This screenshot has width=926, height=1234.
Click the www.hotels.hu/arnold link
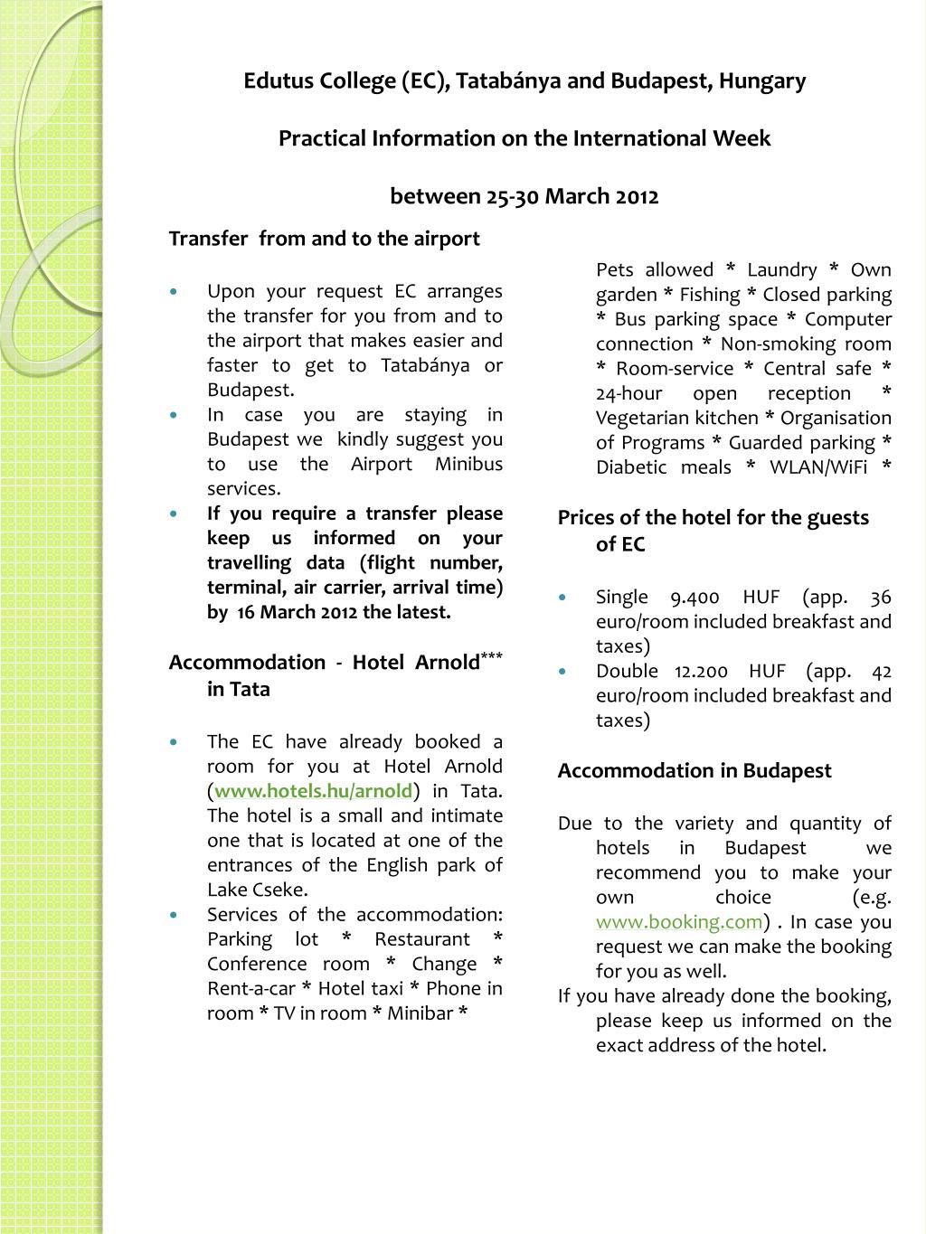313,791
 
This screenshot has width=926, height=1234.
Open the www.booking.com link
679,922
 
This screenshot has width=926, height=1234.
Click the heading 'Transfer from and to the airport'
324,239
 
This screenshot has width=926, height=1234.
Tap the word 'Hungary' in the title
762,81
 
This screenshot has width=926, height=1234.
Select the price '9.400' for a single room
694,598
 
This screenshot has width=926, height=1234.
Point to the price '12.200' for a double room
701,672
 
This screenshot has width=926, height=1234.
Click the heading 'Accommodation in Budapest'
694,771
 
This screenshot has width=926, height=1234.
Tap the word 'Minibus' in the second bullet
468,465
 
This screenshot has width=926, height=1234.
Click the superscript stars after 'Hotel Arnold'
491,655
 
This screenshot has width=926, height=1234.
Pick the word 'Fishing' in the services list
710,295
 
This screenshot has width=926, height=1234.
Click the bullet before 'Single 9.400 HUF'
564,598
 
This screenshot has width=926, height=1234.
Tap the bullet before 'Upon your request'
175,292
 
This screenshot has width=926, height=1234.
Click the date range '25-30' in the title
514,197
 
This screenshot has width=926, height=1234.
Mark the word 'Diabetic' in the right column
631,467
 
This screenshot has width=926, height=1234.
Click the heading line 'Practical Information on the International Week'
524,139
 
